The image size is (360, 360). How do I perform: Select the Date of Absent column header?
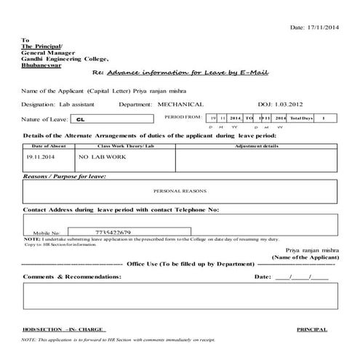pos(47,146)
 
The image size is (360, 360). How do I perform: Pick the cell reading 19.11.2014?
pos(40,156)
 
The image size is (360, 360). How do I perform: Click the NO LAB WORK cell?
pos(99,156)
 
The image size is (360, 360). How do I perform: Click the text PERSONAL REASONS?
pos(180,191)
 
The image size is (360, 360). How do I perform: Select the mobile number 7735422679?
pos(113,232)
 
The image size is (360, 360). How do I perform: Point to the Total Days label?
pos(300,117)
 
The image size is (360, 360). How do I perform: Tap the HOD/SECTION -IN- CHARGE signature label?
pos(63,329)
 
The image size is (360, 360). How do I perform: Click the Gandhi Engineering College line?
pos(65,58)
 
